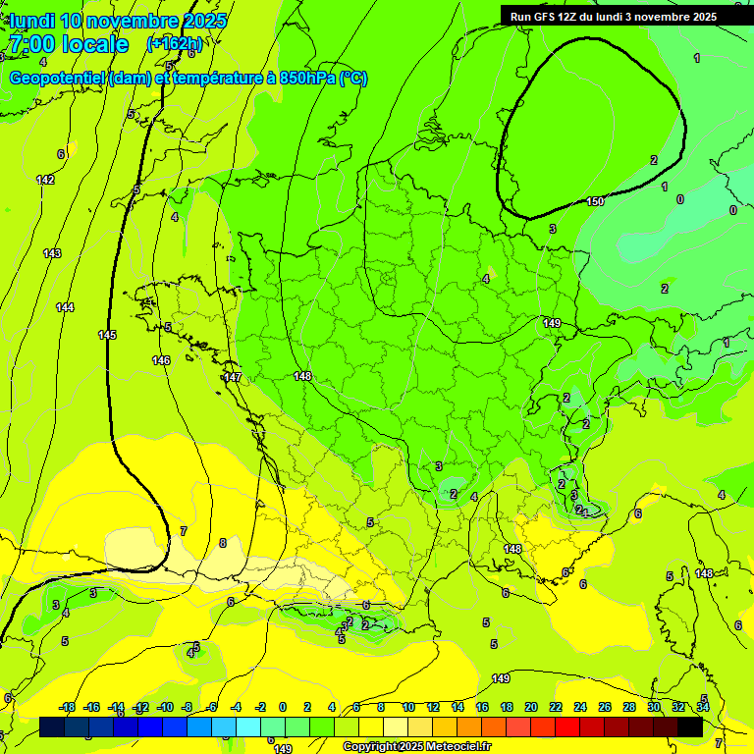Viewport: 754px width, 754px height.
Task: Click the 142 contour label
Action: click(45, 180)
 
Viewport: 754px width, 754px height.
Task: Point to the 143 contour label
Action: click(52, 254)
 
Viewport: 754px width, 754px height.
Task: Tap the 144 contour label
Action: click(65, 308)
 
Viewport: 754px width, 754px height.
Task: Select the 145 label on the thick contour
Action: click(107, 336)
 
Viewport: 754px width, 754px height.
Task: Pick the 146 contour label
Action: click(161, 360)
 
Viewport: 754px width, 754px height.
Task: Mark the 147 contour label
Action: click(233, 377)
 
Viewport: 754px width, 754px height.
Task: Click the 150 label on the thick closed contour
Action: click(595, 201)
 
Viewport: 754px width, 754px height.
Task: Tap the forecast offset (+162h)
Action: click(175, 44)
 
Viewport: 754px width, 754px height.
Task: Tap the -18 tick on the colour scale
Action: click(68, 707)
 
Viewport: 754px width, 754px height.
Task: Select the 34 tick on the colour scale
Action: click(703, 707)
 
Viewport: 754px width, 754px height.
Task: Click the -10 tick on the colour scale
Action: click(166, 707)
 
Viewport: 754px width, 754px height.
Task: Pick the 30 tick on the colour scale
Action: click(654, 707)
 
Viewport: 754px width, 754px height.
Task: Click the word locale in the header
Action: click(94, 44)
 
